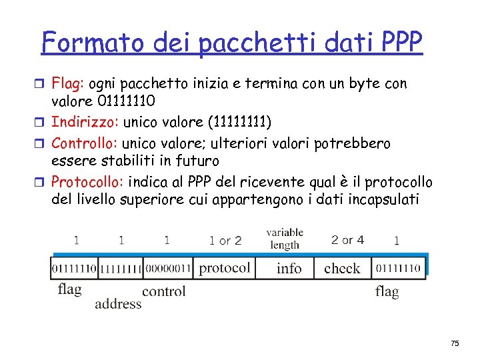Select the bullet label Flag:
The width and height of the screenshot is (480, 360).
click(x=69, y=85)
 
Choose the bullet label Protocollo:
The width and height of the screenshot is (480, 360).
click(x=88, y=181)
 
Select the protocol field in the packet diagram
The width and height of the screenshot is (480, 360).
click(x=225, y=268)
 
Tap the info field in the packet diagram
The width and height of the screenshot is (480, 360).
click(x=289, y=268)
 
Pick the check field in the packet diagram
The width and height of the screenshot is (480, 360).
click(x=342, y=268)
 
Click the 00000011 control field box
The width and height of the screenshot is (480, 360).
click(x=167, y=268)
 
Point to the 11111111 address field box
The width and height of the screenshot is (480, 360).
click(x=121, y=268)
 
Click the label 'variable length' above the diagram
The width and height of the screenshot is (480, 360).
click(x=285, y=239)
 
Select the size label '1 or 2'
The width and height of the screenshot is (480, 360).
click(x=225, y=240)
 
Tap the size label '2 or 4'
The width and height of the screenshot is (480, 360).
click(x=347, y=240)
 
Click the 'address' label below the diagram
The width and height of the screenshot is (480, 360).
click(x=118, y=303)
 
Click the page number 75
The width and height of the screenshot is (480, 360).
click(x=455, y=343)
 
